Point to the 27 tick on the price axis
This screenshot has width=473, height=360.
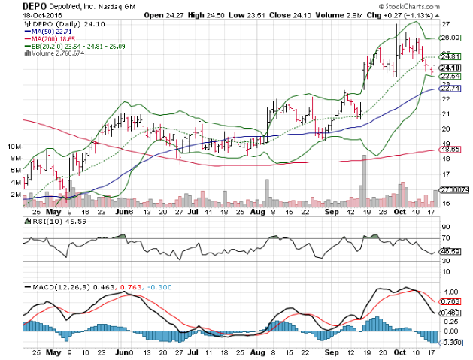(444, 26)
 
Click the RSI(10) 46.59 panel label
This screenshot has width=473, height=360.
(50, 224)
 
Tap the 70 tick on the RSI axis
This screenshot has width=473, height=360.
(444, 238)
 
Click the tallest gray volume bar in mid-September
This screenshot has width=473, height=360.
(364, 180)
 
